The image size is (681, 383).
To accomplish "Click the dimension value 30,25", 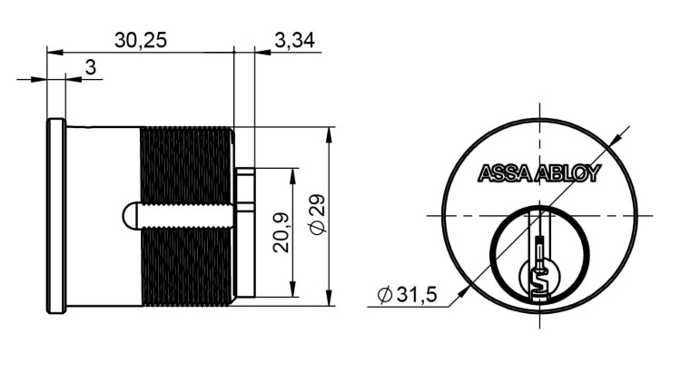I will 141,40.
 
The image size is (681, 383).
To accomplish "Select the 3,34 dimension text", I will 293,40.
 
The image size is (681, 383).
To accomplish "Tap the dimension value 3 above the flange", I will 90,67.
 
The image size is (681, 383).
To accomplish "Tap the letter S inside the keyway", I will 538,283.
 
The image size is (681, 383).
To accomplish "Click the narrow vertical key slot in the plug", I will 539,250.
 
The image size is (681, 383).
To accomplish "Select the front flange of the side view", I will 56,216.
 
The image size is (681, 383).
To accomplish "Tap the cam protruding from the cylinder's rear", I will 244,232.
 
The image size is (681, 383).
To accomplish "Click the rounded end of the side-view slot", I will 126,217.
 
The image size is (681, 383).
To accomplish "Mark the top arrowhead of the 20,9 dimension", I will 293,174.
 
